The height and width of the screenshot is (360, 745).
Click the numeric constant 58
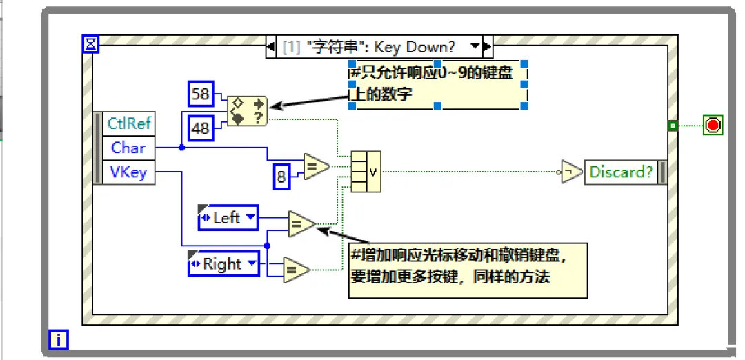tap(201, 94)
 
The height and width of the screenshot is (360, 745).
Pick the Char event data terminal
tap(128, 148)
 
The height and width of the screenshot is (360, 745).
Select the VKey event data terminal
tap(128, 172)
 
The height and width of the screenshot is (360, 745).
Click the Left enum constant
tap(228, 218)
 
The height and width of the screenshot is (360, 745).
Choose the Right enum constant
tap(223, 263)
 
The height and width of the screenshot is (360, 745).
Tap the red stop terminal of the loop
tap(713, 125)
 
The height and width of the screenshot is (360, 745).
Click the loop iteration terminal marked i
tap(59, 339)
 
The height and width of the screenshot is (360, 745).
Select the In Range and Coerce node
tap(248, 110)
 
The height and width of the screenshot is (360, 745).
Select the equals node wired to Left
tap(301, 223)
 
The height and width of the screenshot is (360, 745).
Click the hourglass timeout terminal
tap(91, 45)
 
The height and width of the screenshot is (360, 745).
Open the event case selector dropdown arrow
tap(475, 47)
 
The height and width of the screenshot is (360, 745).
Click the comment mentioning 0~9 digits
tap(437, 83)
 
